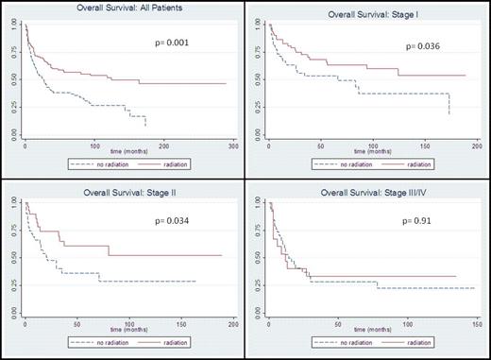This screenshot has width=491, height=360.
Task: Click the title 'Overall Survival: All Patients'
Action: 122,9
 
